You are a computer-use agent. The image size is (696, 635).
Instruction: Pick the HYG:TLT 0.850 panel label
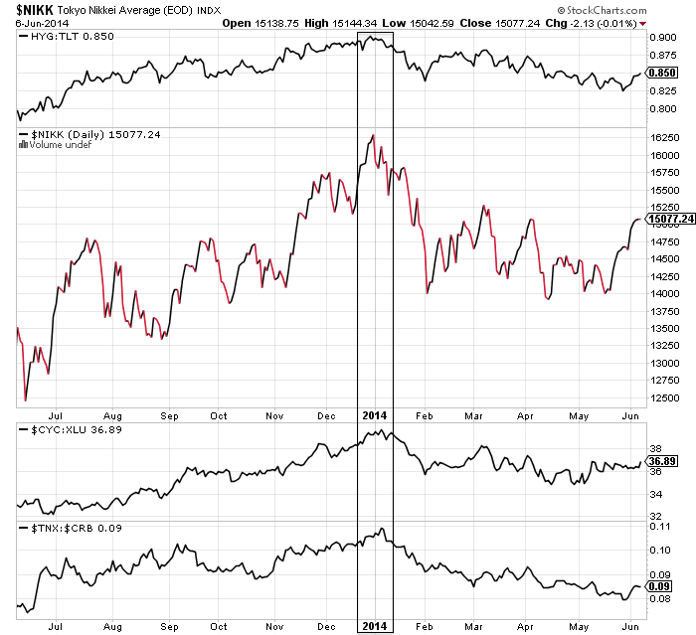pos(56,37)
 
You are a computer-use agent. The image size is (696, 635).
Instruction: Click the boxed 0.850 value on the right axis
pos(663,73)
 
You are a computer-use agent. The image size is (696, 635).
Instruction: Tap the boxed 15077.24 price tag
pos(669,219)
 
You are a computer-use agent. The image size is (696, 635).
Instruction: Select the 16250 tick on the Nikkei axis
pos(662,137)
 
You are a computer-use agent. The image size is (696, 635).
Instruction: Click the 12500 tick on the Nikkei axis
pos(662,397)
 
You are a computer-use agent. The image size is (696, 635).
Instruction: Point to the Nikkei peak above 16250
pos(372,135)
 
